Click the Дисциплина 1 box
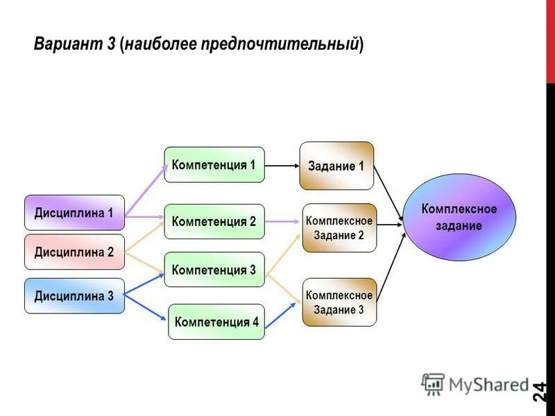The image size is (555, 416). click(74, 213)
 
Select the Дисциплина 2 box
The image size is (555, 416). click(74, 252)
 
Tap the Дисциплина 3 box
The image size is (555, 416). click(74, 296)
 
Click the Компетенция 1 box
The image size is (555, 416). click(214, 165)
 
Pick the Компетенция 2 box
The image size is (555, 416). click(214, 222)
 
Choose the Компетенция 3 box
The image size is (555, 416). click(214, 270)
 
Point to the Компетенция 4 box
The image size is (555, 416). click(216, 322)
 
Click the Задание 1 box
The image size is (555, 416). click(336, 166)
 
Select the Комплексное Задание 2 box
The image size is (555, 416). click(339, 227)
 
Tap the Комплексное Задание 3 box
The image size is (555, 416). click(339, 302)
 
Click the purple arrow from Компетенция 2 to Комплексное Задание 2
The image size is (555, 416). click(283, 222)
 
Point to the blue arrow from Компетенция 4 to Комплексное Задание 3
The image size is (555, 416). click(283, 315)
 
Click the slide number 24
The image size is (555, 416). click(540, 392)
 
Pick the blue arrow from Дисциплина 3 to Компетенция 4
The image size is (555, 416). click(147, 309)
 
